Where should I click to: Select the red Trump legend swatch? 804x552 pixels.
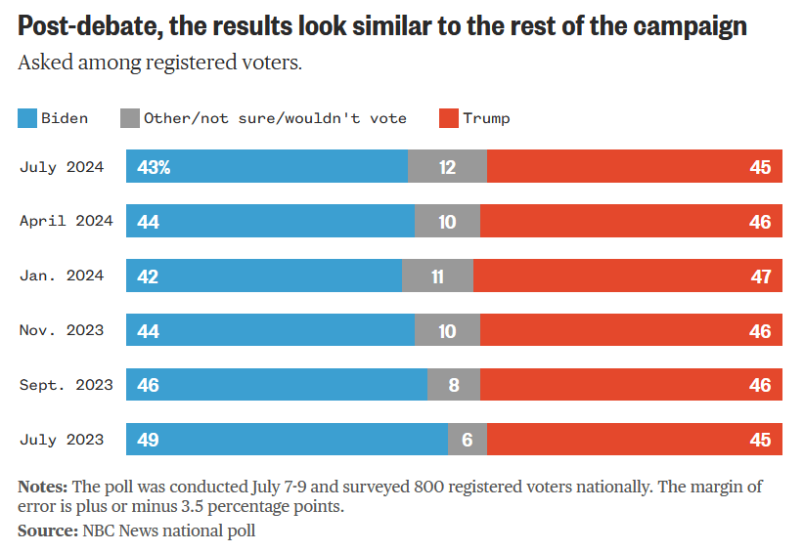(448, 119)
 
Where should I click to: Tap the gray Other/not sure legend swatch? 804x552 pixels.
(129, 119)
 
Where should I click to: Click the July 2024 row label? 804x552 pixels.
(62, 167)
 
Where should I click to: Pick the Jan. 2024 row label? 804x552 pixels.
(62, 276)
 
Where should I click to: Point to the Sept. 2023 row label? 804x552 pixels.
(66, 385)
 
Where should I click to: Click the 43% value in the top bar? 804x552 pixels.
(155, 167)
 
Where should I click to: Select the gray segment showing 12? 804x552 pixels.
(447, 167)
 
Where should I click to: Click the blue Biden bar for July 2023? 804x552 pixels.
(287, 440)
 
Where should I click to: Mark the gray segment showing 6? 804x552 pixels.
(467, 440)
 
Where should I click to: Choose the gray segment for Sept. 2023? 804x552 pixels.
(454, 385)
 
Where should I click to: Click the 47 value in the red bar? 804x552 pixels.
(761, 276)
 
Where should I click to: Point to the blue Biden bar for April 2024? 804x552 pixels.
(270, 222)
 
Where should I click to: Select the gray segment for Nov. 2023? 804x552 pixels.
(447, 331)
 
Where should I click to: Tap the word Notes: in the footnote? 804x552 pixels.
(43, 487)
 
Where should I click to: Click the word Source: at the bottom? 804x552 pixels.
(47, 531)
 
